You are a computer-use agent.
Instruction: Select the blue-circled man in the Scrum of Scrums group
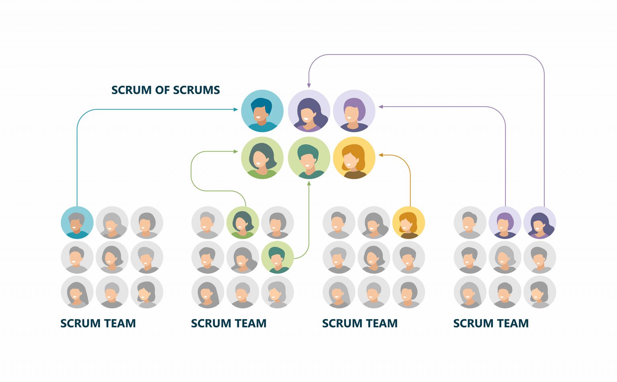tap(262, 111)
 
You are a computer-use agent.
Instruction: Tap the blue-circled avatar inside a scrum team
tap(77, 223)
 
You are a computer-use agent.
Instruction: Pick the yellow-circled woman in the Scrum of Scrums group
tap(354, 158)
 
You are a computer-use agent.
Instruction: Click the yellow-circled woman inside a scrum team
tap(409, 223)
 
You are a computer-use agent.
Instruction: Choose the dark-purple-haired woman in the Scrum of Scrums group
tap(309, 111)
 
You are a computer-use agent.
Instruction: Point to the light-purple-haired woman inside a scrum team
tap(505, 223)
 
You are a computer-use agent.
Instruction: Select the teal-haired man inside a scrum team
tap(277, 257)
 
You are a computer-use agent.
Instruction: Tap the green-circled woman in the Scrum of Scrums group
tap(262, 158)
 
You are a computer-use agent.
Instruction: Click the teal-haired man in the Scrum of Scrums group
tap(309, 158)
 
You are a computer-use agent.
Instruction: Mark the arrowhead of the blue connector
tap(236, 109)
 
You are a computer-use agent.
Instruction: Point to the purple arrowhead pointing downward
tap(309, 85)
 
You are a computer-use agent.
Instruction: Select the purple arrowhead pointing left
tap(380, 107)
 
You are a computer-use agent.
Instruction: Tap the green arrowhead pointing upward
tap(309, 183)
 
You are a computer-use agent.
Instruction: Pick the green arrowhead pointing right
tap(236, 152)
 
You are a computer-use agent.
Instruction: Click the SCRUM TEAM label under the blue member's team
tap(98, 323)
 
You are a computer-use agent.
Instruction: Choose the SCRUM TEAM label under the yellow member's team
tap(360, 323)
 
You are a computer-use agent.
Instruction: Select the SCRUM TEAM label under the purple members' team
tap(491, 323)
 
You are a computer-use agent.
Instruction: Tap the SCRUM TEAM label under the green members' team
tap(229, 323)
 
